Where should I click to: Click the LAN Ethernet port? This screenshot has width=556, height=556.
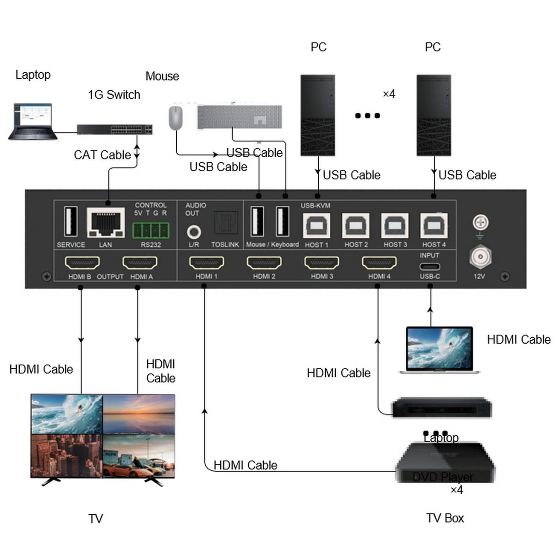tap(106, 223)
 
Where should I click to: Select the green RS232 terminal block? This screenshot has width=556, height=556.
tap(151, 230)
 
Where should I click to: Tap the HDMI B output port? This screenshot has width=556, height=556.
tap(82, 263)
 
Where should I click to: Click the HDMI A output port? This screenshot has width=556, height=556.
tap(140, 263)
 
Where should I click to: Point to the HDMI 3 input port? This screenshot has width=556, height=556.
tap(322, 263)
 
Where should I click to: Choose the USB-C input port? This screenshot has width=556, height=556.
tap(430, 266)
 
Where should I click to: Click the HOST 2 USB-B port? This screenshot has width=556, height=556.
tap(356, 226)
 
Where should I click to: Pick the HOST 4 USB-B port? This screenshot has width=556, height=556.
tap(434, 226)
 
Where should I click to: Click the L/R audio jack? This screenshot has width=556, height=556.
tap(194, 231)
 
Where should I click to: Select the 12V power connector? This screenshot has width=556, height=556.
tap(480, 257)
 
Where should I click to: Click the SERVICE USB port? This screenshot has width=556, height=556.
tap(71, 222)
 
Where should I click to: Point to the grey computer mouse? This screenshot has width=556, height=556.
tap(175, 118)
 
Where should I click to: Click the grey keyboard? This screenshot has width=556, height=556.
tap(240, 117)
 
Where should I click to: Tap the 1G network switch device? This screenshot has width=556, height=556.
tap(114, 129)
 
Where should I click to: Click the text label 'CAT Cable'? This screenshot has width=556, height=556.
tap(102, 155)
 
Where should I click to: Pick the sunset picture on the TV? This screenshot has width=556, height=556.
tap(139, 414)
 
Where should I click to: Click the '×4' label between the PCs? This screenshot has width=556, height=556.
tap(389, 94)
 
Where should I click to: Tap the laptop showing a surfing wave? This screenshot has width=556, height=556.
tap(440, 349)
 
